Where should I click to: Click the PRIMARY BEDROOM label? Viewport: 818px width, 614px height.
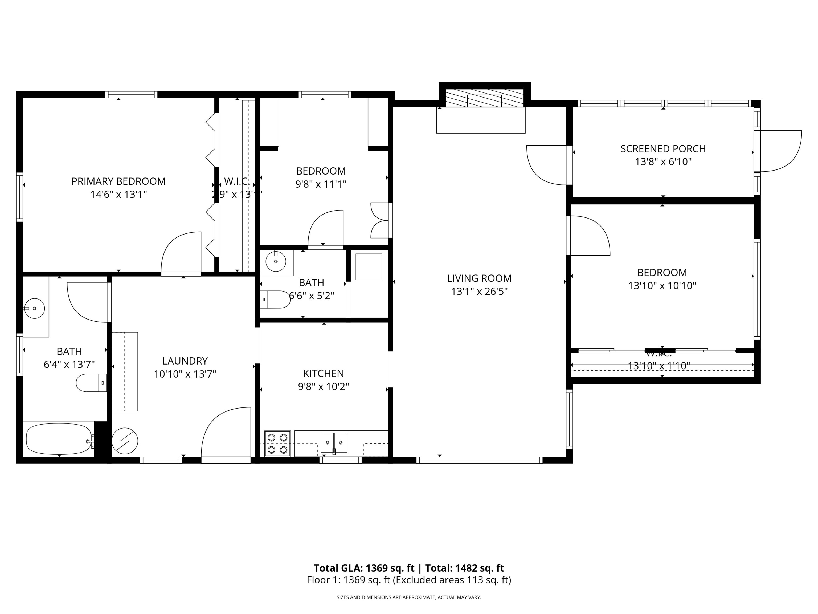point(118,181)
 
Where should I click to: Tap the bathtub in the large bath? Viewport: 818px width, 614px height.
point(58,439)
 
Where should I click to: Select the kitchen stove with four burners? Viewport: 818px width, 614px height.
point(277,443)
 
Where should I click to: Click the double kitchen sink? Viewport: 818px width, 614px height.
point(334,443)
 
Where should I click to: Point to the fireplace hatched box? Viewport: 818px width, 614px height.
point(484,98)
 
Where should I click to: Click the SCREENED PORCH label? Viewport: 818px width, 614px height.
point(663,149)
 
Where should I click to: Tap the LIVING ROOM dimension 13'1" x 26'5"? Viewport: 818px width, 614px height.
point(479,292)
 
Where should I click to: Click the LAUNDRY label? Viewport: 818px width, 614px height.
point(185,361)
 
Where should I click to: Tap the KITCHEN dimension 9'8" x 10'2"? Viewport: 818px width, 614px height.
point(324,387)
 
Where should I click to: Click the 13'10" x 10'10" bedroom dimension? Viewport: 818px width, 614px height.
point(662,286)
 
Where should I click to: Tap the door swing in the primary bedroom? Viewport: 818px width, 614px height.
point(181,252)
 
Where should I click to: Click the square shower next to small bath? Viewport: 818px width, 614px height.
point(369,267)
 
